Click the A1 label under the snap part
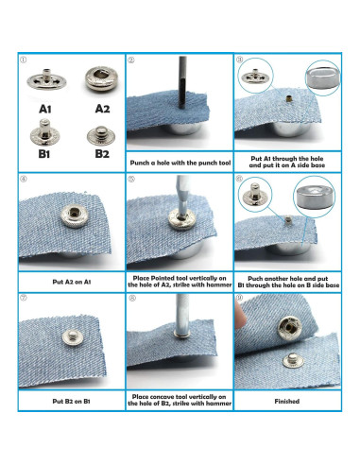[x=45, y=109]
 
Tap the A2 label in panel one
[x=102, y=109]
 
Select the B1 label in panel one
[x=44, y=154]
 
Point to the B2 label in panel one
[x=102, y=154]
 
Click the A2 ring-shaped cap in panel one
[x=101, y=78]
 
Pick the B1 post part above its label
[x=45, y=132]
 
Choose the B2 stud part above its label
[x=101, y=135]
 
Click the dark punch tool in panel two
[x=182, y=82]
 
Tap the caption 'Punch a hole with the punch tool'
[x=180, y=163]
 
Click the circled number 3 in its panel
[x=239, y=60]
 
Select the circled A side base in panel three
[x=322, y=77]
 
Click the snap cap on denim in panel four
[x=74, y=215]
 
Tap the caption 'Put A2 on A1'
[x=72, y=282]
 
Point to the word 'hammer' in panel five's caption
[x=219, y=284]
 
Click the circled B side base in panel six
[x=314, y=197]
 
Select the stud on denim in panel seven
[x=72, y=336]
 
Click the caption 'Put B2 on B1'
[x=71, y=402]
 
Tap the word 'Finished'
[x=287, y=402]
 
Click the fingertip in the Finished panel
[x=241, y=319]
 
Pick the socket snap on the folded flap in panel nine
[x=288, y=329]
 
